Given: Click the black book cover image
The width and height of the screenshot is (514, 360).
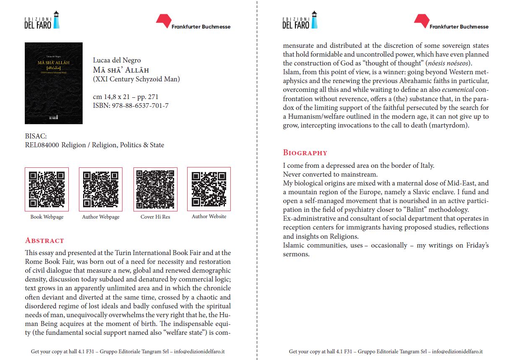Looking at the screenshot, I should [x=54, y=83].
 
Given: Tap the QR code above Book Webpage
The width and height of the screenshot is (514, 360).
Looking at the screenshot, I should [x=47, y=189].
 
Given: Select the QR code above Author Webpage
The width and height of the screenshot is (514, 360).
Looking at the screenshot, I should [x=101, y=189].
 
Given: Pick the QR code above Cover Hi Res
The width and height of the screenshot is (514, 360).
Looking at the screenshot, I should [x=155, y=189].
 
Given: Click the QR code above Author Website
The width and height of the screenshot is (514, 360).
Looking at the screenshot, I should [x=209, y=189].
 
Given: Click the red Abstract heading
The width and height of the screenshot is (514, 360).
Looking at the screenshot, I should [x=44, y=241].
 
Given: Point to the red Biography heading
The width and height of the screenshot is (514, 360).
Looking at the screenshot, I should [x=305, y=153].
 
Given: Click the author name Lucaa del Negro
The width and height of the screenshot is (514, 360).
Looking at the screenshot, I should [x=117, y=60].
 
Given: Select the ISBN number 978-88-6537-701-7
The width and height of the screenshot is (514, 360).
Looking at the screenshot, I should [x=140, y=106].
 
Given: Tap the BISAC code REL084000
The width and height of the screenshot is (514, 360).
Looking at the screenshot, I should [x=42, y=145].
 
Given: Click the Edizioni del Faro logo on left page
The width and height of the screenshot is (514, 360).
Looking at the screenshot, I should [x=42, y=21].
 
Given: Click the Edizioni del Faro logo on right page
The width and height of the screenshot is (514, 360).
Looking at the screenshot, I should [x=300, y=21].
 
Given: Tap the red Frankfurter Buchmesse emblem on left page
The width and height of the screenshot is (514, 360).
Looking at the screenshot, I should [x=163, y=21].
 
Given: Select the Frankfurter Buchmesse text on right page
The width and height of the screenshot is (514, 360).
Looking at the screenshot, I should [x=459, y=27].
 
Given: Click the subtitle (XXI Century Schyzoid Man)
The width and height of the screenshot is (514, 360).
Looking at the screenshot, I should [x=136, y=79].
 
